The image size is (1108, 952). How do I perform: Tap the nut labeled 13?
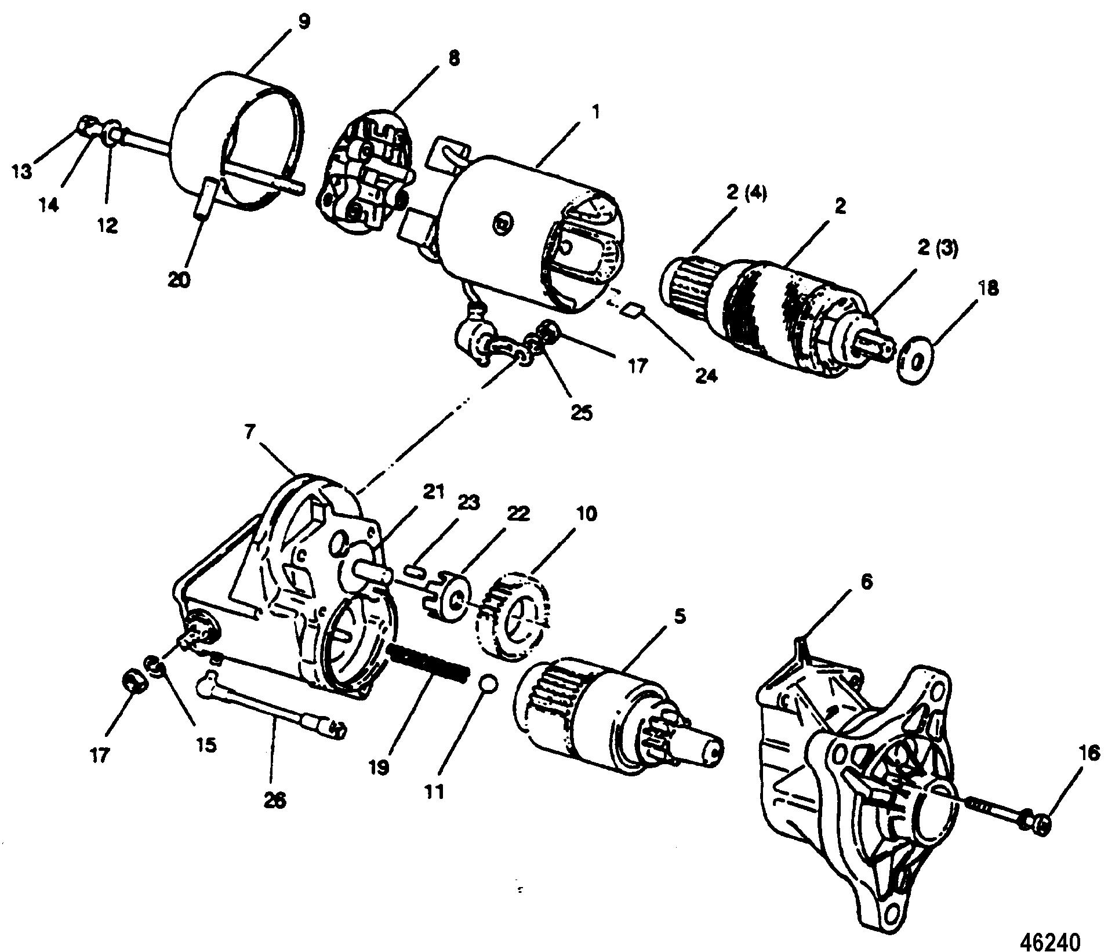(86, 123)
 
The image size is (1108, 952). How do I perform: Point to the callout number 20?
(179, 279)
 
